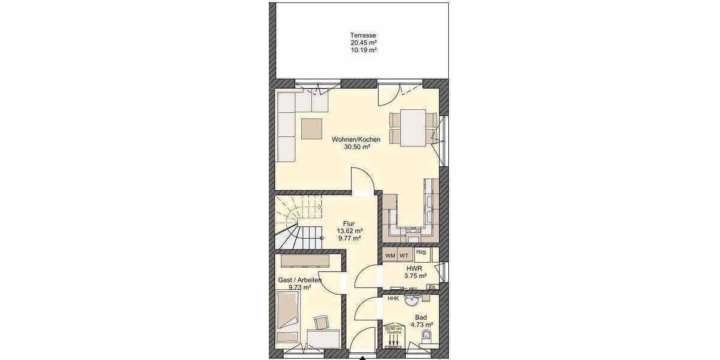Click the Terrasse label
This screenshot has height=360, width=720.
pyautogui.click(x=364, y=35)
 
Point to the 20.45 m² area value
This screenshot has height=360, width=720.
pyautogui.click(x=364, y=43)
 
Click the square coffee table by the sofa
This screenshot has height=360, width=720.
pyautogui.click(x=312, y=129)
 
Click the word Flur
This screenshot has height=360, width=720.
pyautogui.click(x=348, y=223)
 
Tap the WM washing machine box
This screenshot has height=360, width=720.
pyautogui.click(x=390, y=256)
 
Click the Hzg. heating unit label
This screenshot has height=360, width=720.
pyautogui.click(x=421, y=253)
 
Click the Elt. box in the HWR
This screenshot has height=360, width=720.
pyautogui.click(x=431, y=287)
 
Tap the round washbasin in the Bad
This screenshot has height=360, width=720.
pyautogui.click(x=412, y=300)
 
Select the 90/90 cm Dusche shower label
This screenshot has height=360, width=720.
pyautogui.click(x=393, y=331)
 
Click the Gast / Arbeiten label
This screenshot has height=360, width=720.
pyautogui.click(x=300, y=280)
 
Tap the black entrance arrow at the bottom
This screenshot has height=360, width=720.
pyautogui.click(x=362, y=358)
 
